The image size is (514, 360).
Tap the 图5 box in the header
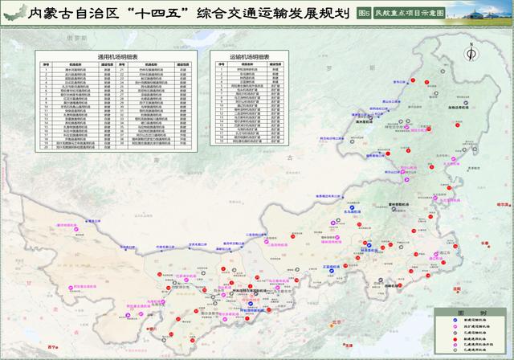363,14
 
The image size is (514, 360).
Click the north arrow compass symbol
470,53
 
